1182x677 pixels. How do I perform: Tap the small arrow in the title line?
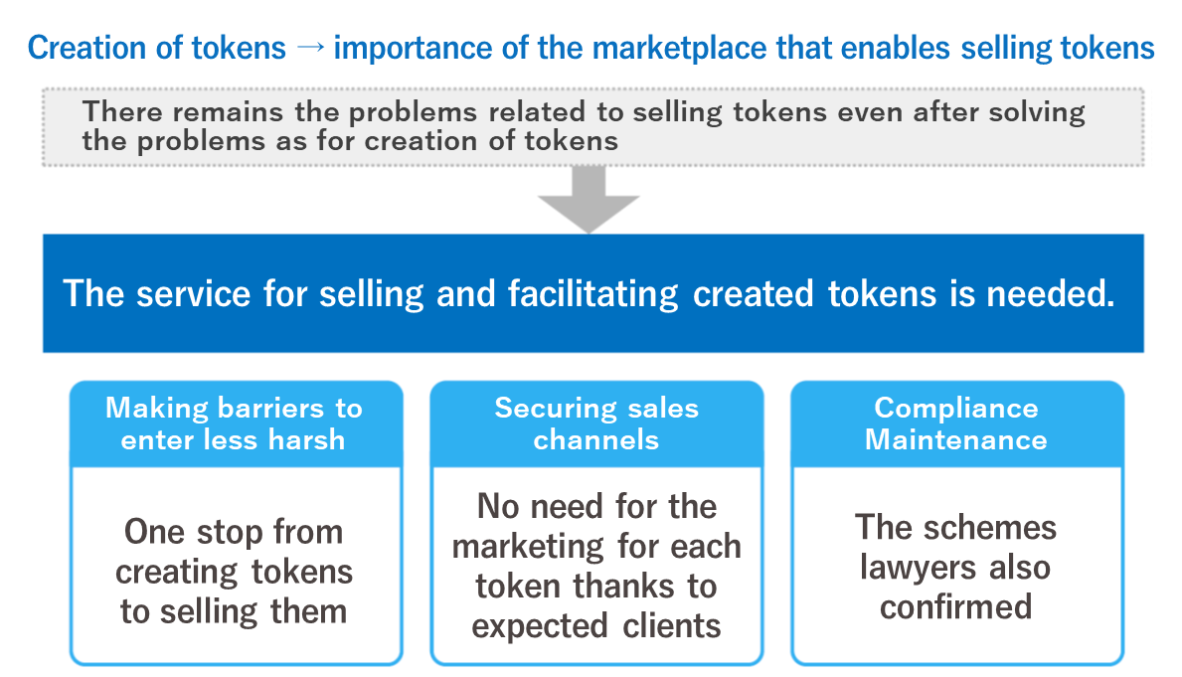coord(310,48)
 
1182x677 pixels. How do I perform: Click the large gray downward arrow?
coord(589,199)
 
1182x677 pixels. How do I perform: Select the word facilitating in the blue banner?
coord(592,294)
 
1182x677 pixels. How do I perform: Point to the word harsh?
coord(307,439)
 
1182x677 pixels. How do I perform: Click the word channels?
coord(596,439)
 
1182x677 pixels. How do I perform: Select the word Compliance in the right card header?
coord(956,409)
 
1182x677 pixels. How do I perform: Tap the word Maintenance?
coord(956,439)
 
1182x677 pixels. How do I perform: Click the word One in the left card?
coord(154,532)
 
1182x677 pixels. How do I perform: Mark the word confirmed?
coord(956,606)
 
